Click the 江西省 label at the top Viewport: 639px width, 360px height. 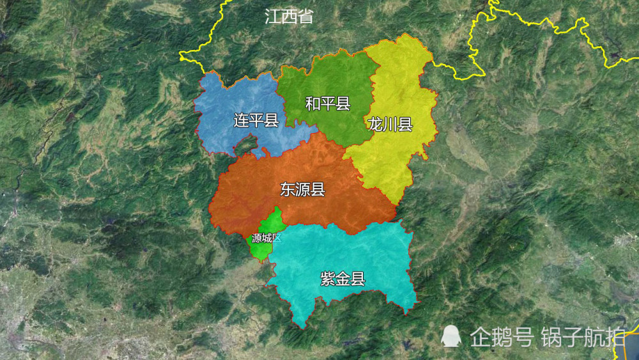[289, 17]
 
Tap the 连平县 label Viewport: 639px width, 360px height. [256, 120]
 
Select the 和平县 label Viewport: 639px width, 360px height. [327, 103]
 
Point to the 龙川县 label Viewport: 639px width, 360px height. [390, 124]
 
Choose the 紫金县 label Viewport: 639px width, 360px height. [343, 278]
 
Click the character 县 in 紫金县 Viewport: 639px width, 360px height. [358, 278]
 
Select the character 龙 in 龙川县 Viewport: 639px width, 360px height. [375, 124]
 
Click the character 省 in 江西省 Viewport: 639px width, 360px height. [305, 17]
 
